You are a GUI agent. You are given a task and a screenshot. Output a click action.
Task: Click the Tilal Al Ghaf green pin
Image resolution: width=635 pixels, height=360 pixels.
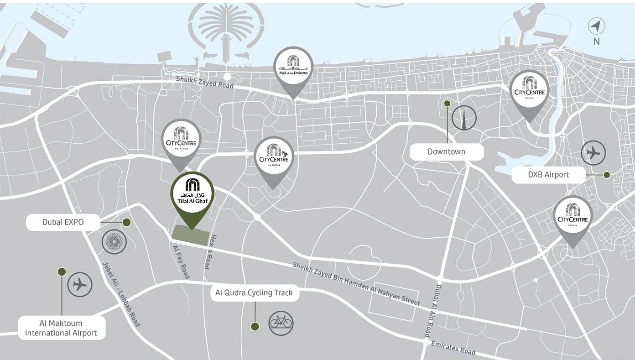coord(192,193)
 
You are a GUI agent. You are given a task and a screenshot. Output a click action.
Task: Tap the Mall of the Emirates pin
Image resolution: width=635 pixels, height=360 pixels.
coord(293,68)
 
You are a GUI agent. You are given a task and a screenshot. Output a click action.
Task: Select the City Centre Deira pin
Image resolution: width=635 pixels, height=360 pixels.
coord(529,90)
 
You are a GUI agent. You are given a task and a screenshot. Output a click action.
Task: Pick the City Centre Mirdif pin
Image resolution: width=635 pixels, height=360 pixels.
coord(573,217)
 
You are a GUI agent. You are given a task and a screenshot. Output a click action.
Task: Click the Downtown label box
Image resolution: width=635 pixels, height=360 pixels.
coord(446,152)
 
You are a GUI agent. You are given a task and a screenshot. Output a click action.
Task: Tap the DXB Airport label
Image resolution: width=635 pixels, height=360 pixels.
coord(548,175)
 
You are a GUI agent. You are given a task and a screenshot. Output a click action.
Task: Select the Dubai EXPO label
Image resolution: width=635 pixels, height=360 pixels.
coord(63,223)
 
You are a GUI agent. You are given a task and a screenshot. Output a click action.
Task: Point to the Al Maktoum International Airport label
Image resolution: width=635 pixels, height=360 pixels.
coord(61,328)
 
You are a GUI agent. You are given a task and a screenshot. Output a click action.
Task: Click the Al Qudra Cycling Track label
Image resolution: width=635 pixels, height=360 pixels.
coord(254,293)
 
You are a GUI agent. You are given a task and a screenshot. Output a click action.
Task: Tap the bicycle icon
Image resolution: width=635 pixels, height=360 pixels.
coord(281,323)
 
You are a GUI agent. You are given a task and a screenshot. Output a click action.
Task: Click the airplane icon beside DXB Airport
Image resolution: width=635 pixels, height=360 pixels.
coord(593,153)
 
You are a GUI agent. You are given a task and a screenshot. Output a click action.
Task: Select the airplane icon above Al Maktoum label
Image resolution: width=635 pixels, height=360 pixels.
coord(80,285)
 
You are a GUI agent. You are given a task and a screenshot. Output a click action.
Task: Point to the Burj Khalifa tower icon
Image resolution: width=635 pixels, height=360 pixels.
coord(464,118)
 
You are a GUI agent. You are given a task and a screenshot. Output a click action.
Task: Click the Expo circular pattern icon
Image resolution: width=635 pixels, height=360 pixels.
coord(114,242)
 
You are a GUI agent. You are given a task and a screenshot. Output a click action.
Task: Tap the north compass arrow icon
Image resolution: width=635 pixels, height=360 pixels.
coord(596,26)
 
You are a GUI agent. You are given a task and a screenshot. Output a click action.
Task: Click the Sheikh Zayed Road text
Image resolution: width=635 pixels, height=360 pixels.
coord(205,83)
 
